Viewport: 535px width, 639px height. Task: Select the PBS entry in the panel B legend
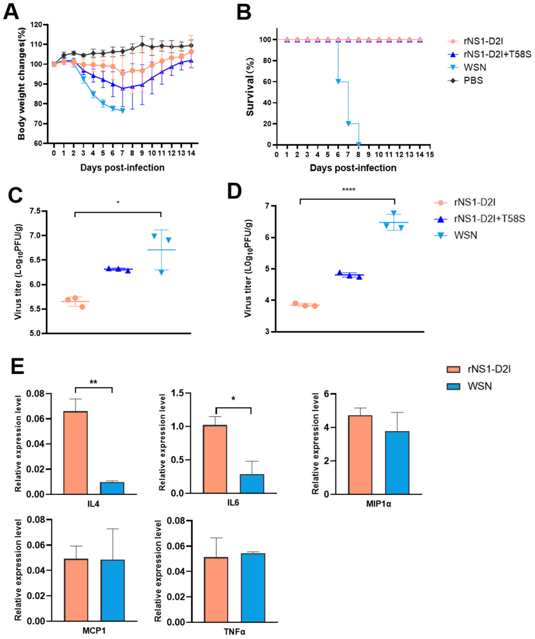coord(473,81)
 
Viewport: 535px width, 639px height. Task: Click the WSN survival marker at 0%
coord(358,144)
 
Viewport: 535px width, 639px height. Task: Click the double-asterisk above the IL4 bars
coord(93,382)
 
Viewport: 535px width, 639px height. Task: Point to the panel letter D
coord(235,192)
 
